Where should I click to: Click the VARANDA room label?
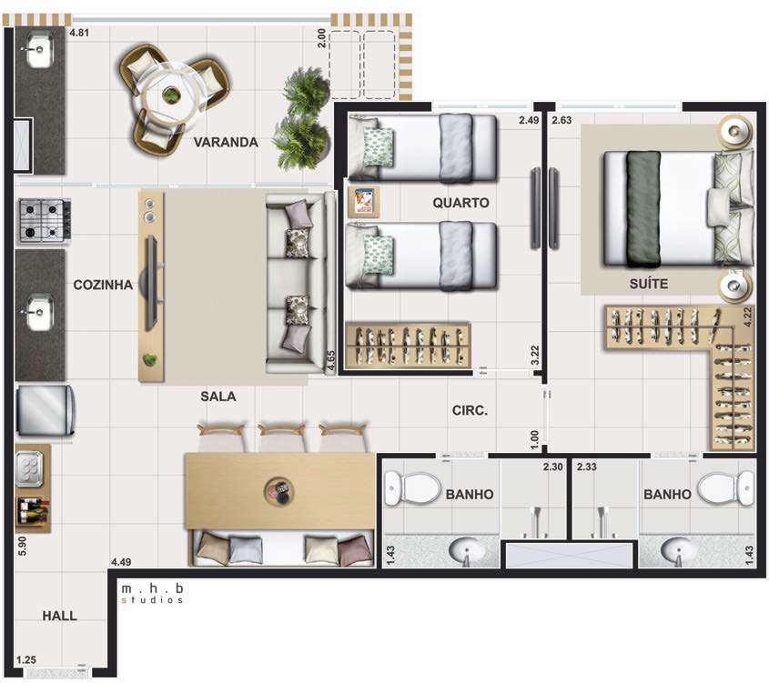coord(226,142)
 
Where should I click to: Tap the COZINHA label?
coord(103,285)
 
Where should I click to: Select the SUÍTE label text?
coord(649,284)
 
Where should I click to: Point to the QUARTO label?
coord(460,203)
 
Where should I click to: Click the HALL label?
coord(59,616)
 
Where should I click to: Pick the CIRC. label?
coord(470,410)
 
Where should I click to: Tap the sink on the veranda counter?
coord(39,49)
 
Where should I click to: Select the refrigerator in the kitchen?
coord(46,410)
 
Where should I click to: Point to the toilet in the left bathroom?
coord(412,488)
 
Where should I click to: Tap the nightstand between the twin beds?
coord(363,202)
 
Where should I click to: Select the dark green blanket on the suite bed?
coord(643,210)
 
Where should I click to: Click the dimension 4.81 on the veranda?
coord(79,34)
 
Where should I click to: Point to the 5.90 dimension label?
coord(22,547)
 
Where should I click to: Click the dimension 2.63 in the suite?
coord(562,120)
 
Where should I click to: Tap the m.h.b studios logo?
coord(152,593)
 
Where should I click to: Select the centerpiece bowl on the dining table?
coord(279,490)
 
